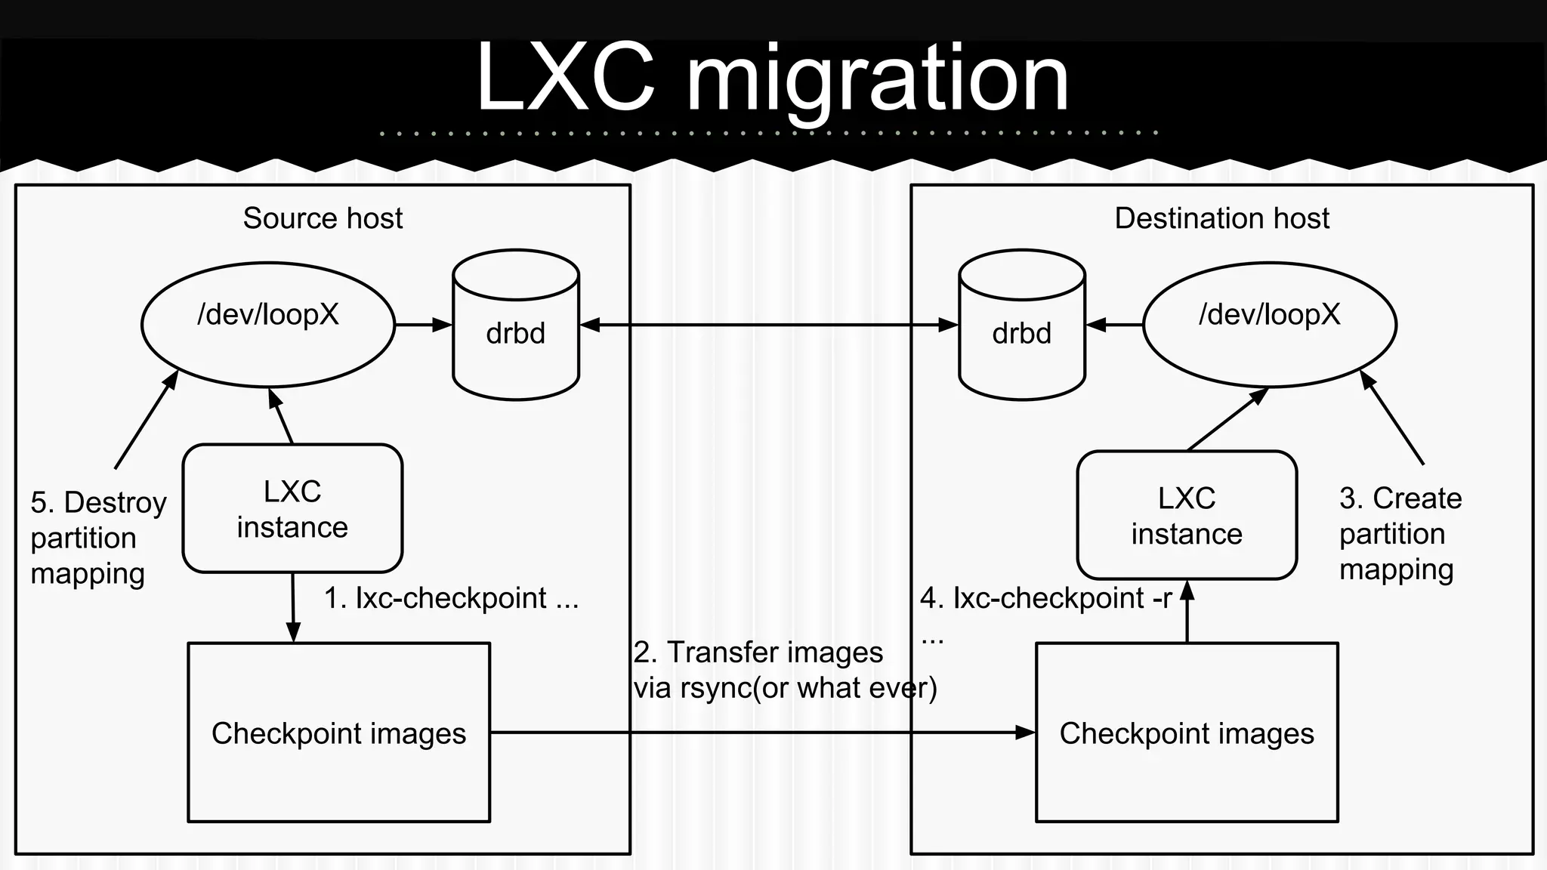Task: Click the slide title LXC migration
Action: tap(772, 77)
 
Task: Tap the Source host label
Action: tap(323, 218)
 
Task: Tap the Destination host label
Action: tap(1221, 218)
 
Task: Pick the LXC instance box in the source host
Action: tap(292, 508)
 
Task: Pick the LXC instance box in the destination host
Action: tap(1187, 515)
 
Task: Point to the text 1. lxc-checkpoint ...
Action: tap(451, 598)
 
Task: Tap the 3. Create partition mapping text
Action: tap(1400, 534)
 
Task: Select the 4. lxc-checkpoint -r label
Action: tap(1045, 598)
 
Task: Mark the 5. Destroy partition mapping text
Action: tap(97, 538)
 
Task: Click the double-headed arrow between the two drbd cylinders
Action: tap(769, 325)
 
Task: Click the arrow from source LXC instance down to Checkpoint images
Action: tap(293, 607)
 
